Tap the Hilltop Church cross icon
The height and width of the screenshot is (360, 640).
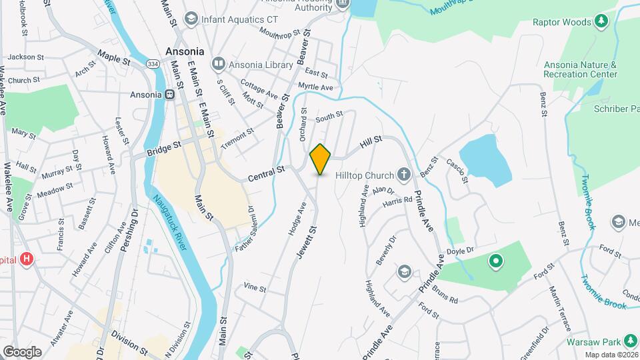(403, 175)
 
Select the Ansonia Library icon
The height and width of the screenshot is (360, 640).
(218, 65)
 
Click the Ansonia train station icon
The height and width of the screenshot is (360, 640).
(170, 95)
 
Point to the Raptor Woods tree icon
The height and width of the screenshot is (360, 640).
(601, 21)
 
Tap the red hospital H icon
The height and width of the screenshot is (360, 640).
(27, 259)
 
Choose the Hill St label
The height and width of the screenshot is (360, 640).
(371, 142)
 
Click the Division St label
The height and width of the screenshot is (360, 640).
(129, 341)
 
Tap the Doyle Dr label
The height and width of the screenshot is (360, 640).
(459, 250)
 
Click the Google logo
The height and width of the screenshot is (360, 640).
(22, 352)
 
